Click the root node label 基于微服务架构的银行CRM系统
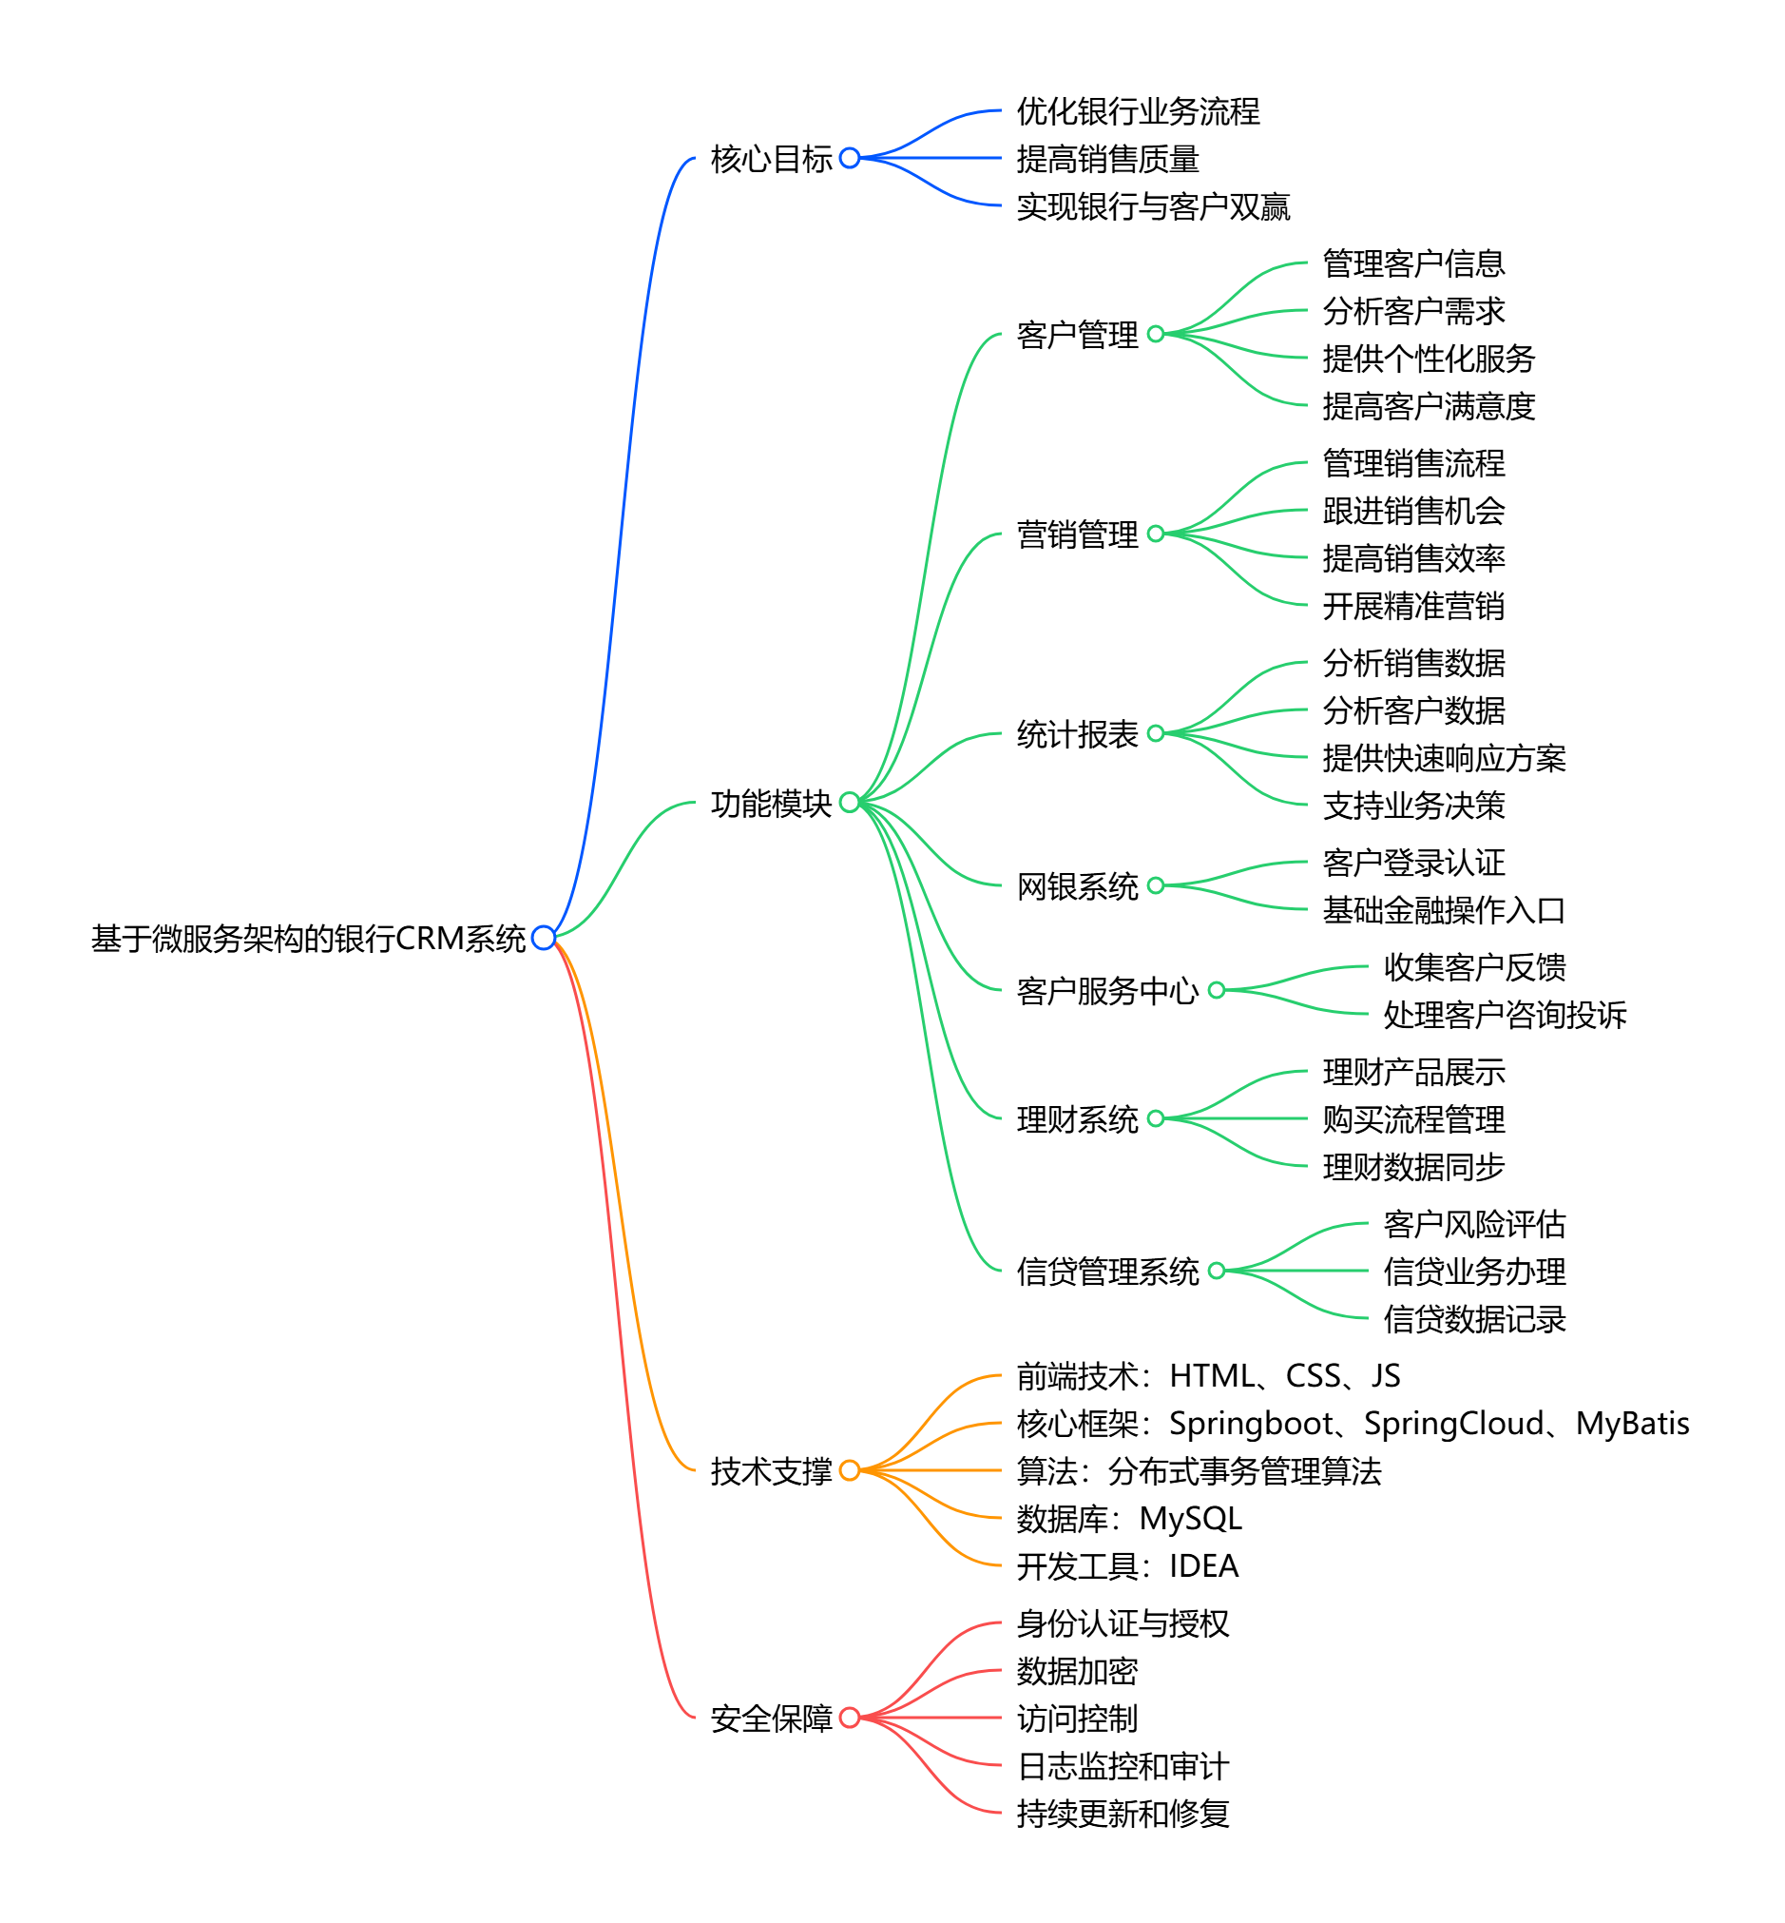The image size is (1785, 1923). [308, 939]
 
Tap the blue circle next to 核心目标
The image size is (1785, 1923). [850, 158]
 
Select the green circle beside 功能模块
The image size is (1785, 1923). [850, 802]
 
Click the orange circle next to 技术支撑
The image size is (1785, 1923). [850, 1469]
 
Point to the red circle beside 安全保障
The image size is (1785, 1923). [850, 1718]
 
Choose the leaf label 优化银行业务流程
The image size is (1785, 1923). [1138, 111]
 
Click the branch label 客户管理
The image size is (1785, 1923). [1077, 335]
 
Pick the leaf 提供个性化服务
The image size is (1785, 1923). [1429, 359]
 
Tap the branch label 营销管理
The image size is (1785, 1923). [1077, 534]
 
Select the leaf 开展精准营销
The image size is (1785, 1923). [1413, 606]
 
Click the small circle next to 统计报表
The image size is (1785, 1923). [1156, 733]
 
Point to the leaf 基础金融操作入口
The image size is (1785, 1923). [1444, 909]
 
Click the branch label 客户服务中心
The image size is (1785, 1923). [1107, 990]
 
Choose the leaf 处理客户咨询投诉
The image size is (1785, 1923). [1505, 1015]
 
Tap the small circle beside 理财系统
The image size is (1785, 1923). [1156, 1119]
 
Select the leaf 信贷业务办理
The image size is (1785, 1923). [1474, 1271]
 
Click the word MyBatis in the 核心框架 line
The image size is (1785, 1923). [1632, 1424]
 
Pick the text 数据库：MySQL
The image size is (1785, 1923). [1129, 1518]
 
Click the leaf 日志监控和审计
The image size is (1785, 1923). [1123, 1765]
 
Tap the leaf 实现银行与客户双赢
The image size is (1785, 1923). [1153, 205]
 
